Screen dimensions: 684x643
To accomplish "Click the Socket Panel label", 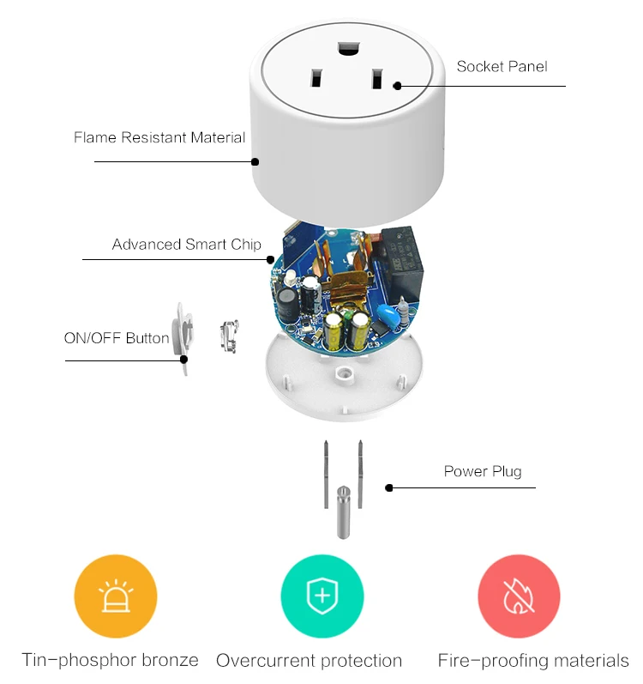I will (x=502, y=66).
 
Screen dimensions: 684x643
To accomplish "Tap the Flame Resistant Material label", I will (x=159, y=137).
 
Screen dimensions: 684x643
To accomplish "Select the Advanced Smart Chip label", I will (x=186, y=245).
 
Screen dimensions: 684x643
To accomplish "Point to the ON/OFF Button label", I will (x=117, y=338).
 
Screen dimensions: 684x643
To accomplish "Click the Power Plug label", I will (x=482, y=471).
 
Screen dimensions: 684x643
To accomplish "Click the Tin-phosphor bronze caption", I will (x=111, y=660).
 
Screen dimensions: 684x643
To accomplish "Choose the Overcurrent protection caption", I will (x=309, y=661).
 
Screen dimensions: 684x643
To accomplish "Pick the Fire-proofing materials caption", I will (x=532, y=661).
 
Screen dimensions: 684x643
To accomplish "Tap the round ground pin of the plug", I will (x=342, y=511).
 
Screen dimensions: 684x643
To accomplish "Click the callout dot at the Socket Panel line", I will (x=397, y=86).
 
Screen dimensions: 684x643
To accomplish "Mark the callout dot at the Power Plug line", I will (x=388, y=487).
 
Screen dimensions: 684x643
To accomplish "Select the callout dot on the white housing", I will (x=255, y=160).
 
